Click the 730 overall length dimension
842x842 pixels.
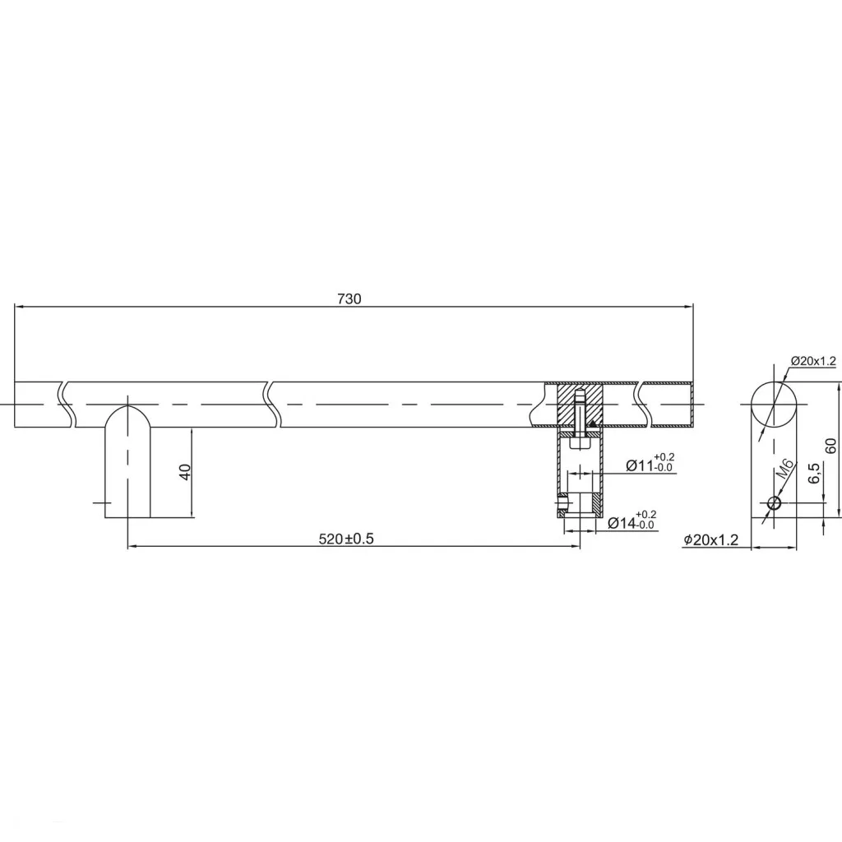[349, 298]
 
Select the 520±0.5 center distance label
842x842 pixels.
[346, 539]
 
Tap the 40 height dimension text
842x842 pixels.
[185, 473]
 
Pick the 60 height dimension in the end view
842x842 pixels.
[830, 446]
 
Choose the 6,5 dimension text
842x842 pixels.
[814, 473]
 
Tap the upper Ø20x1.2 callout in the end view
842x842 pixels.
[813, 361]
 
